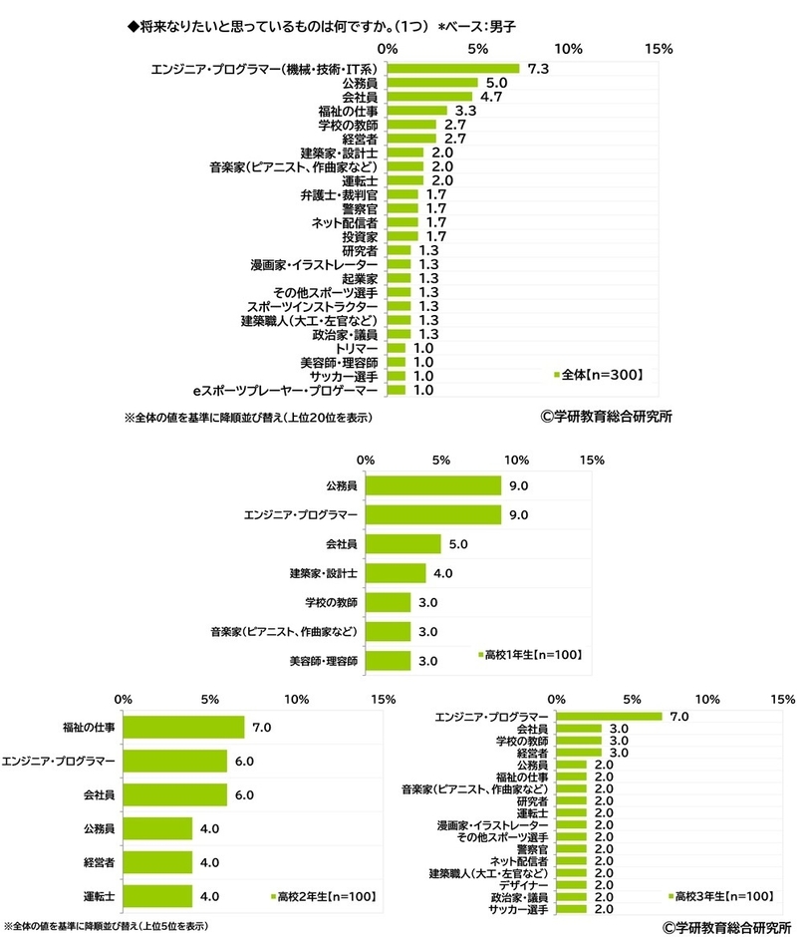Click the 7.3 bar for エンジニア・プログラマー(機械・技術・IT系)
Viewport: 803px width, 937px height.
[x=453, y=69]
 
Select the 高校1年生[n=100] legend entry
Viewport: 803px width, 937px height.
[x=529, y=655]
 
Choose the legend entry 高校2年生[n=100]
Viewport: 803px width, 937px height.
[x=324, y=897]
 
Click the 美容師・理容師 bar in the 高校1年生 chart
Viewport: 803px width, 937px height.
[x=388, y=660]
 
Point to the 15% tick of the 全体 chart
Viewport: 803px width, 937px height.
[x=660, y=48]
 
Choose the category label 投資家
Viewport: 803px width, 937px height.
[x=360, y=237]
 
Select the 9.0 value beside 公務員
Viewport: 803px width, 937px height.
[x=517, y=486]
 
